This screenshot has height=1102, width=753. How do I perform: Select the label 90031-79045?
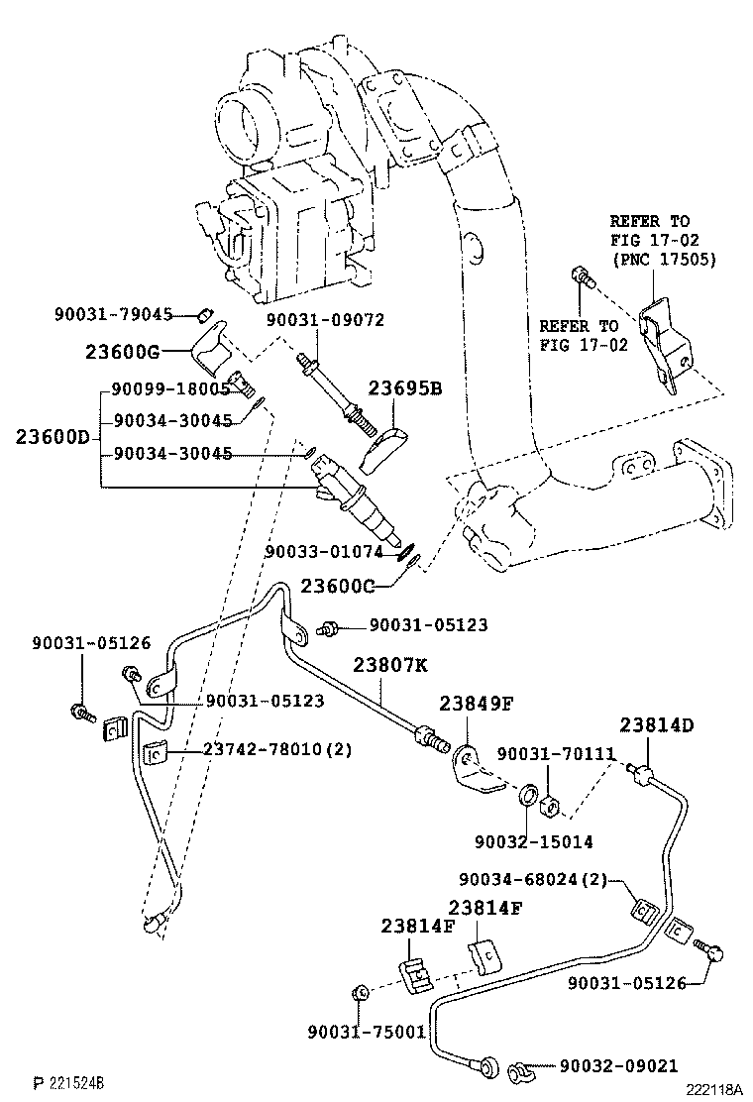coord(113,315)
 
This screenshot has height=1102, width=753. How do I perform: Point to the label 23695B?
coord(405,388)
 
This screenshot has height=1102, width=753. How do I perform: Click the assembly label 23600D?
coord(52,436)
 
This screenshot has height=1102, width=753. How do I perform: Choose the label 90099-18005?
coord(170,389)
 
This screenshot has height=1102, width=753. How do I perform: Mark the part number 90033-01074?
coord(323,552)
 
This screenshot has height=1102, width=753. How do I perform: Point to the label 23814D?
coord(657,724)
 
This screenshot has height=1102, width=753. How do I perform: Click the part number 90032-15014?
coord(533,841)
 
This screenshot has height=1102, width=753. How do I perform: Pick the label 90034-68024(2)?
coord(539,880)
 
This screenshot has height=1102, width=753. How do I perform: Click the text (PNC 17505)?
coord(663,260)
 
